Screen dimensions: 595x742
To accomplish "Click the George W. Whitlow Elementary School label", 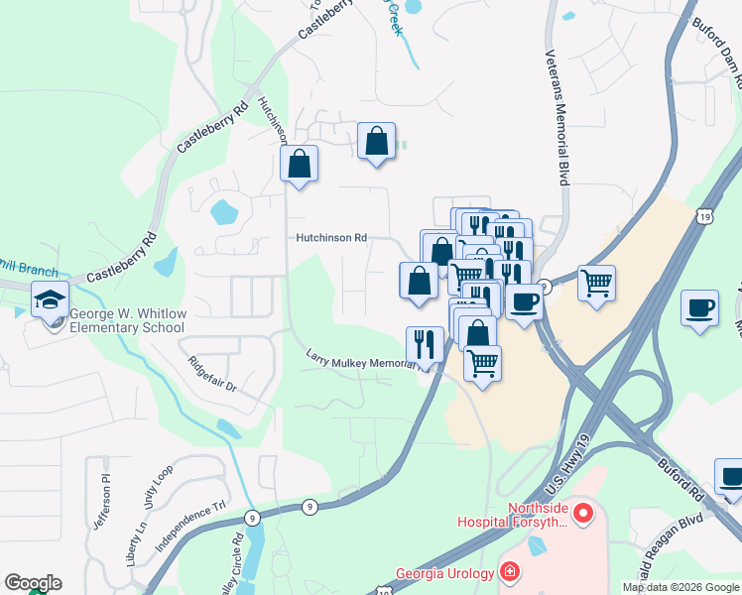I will [x=127, y=319].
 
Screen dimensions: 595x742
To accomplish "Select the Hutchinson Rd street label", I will [x=331, y=238].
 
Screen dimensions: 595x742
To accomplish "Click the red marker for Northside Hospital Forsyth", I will [x=582, y=513].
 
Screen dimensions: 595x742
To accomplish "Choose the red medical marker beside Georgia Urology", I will [x=508, y=571].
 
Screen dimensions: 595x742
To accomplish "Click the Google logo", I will [x=33, y=583].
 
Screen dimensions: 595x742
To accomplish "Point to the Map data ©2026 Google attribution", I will [x=680, y=587].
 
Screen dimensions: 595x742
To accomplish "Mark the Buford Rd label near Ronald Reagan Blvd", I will [x=681, y=475].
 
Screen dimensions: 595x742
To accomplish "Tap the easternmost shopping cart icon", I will [x=596, y=283].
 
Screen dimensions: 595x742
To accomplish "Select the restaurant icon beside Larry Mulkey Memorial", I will [x=425, y=345].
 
